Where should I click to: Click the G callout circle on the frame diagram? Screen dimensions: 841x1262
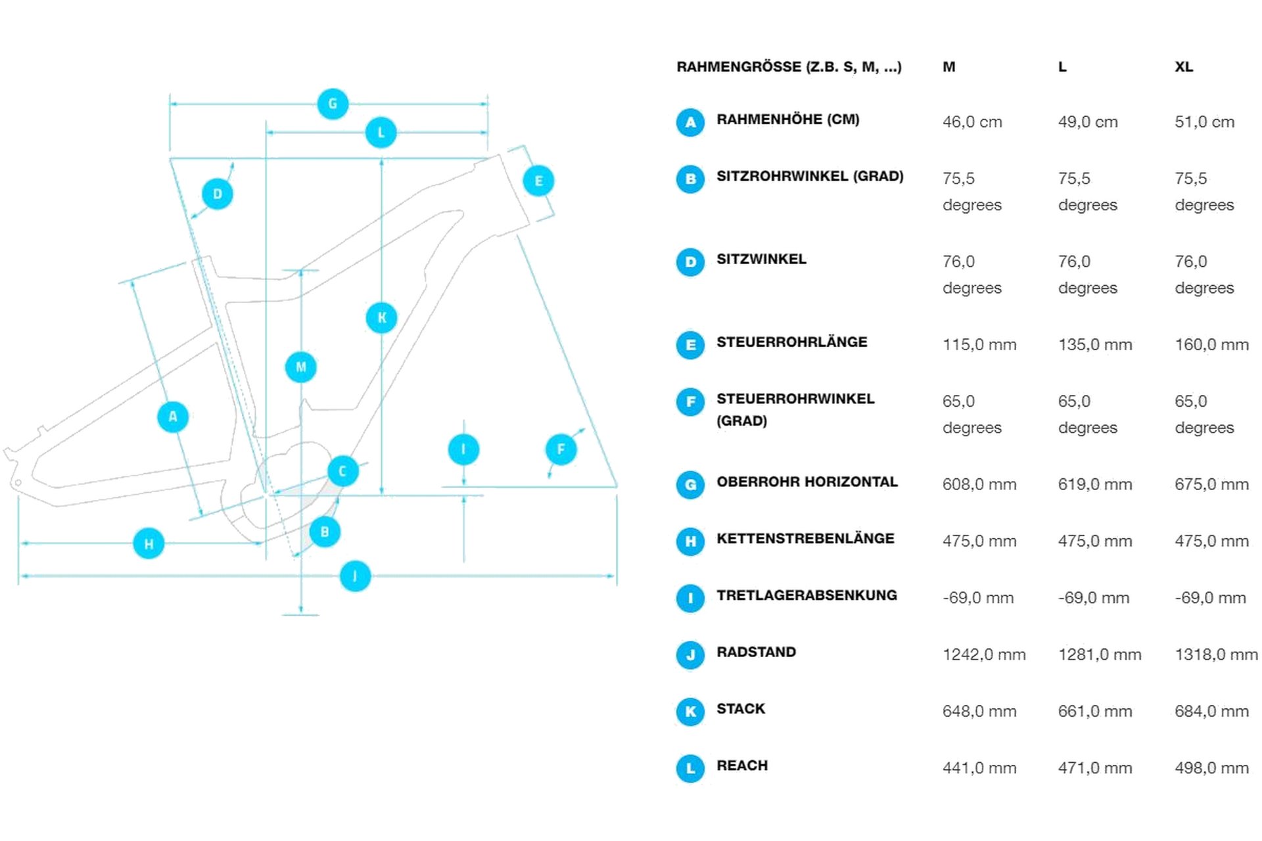tap(333, 104)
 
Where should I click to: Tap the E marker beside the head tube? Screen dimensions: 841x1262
tap(538, 181)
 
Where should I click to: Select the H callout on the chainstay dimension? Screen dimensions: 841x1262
tap(149, 543)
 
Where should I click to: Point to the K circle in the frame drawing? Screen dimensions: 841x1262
tap(381, 318)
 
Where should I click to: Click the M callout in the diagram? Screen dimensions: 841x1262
tap(300, 367)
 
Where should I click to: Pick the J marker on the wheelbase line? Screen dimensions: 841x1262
tap(355, 576)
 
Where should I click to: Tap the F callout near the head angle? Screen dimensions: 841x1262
tap(561, 449)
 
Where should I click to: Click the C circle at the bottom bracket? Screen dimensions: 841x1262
tap(342, 471)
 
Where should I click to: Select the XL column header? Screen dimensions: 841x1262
tap(1184, 67)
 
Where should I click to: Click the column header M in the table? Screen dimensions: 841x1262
tap(948, 67)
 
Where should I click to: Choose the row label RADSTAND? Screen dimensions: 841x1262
tap(756, 652)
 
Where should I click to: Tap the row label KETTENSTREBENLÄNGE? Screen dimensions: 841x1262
tap(805, 539)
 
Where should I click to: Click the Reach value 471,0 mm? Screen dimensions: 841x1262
tap(1095, 768)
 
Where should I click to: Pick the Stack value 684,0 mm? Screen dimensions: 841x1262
tap(1211, 712)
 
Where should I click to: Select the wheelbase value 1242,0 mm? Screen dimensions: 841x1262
tap(984, 655)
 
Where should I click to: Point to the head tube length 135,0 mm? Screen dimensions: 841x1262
tap(1095, 345)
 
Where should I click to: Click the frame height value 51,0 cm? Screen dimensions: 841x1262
tap(1204, 122)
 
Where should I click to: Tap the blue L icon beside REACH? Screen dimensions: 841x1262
tap(690, 768)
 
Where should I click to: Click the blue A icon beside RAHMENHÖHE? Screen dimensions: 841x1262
tap(690, 122)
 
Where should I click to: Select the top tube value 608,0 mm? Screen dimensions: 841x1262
tap(979, 485)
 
